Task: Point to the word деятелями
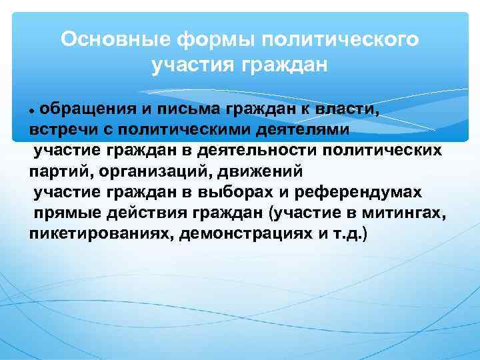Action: pyautogui.click(x=277, y=129)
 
